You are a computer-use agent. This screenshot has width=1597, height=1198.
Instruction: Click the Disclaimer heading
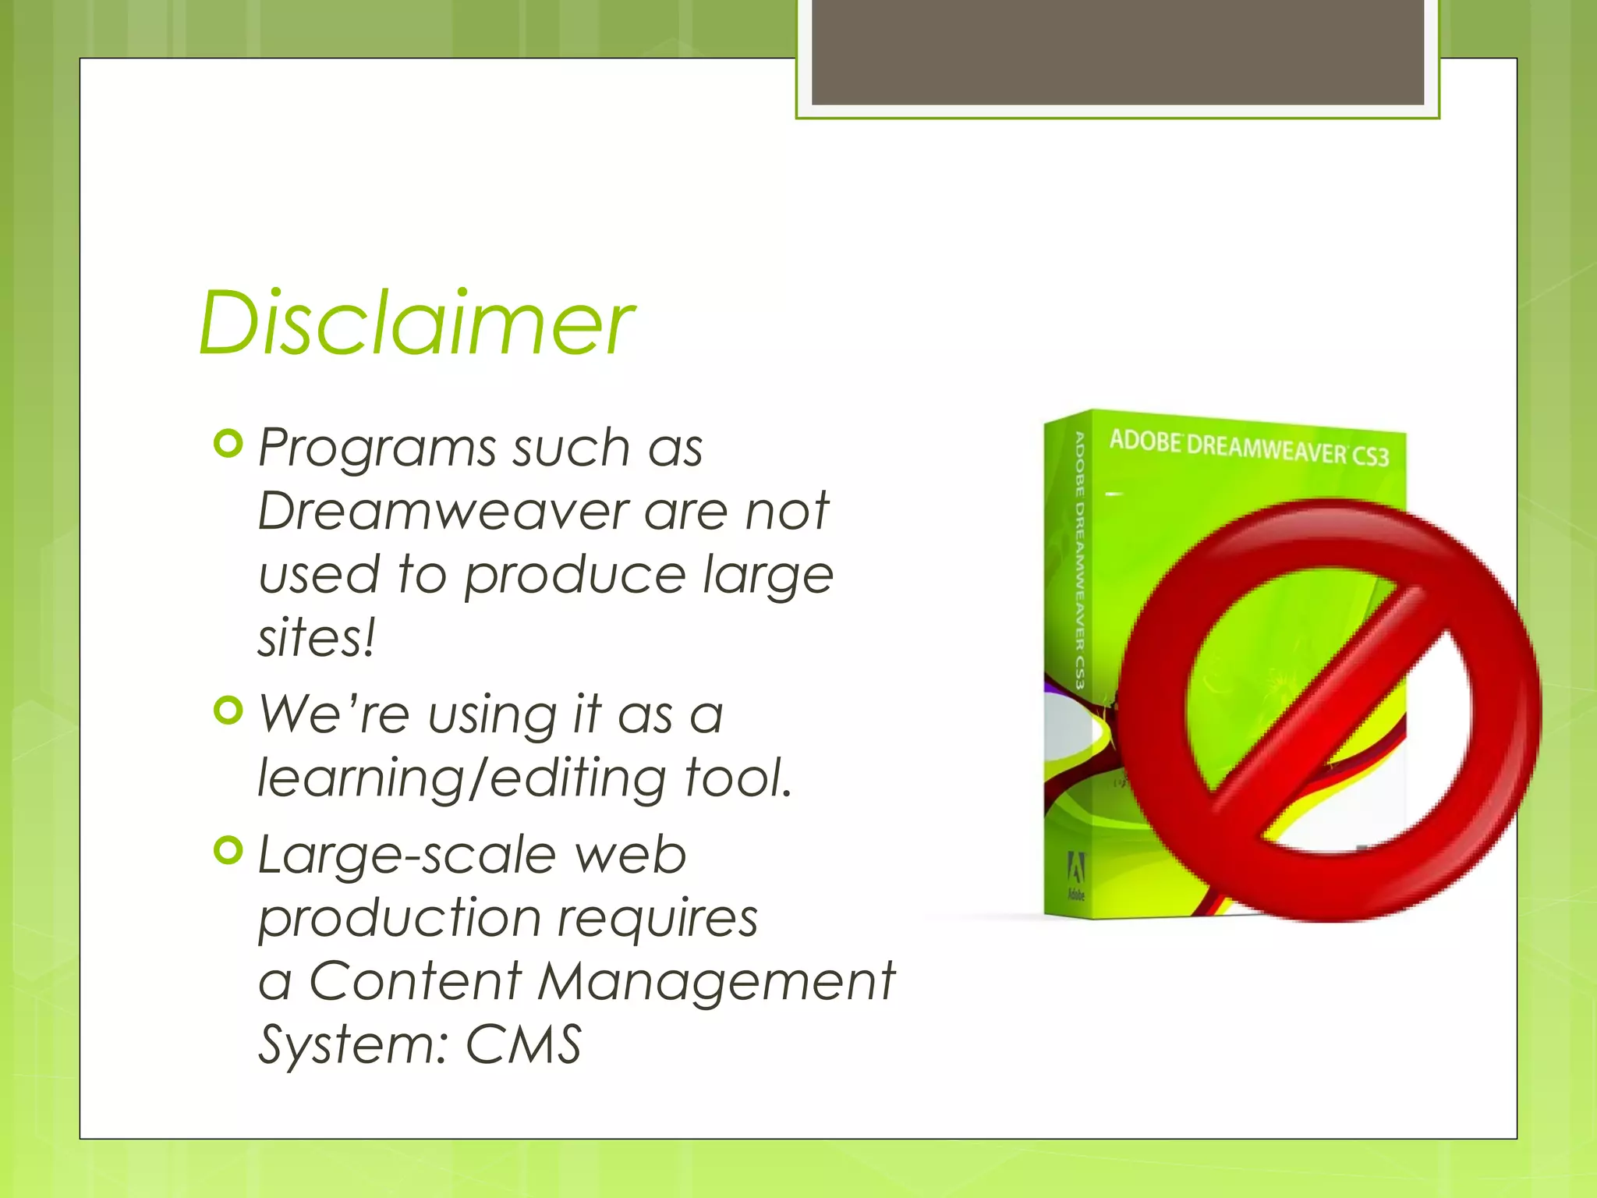click(x=416, y=323)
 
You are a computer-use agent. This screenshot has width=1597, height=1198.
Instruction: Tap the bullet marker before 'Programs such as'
click(x=228, y=444)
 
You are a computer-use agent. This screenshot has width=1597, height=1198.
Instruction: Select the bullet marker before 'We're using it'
click(x=228, y=710)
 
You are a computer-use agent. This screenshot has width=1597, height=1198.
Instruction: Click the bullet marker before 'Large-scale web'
click(x=228, y=850)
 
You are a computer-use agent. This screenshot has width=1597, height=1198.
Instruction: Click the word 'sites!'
click(x=317, y=638)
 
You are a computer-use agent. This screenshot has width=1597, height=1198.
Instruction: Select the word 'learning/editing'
click(x=462, y=778)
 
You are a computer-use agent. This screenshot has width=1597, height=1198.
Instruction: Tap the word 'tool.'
click(x=738, y=778)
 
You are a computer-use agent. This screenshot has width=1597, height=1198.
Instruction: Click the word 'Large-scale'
click(x=405, y=856)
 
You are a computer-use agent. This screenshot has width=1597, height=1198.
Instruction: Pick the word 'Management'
click(x=716, y=980)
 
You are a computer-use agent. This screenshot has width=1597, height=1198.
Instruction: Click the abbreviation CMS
click(x=524, y=1044)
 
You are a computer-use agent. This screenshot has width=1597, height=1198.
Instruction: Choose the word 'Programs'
click(x=377, y=448)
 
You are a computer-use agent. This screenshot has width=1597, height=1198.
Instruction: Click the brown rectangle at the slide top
click(x=1117, y=52)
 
